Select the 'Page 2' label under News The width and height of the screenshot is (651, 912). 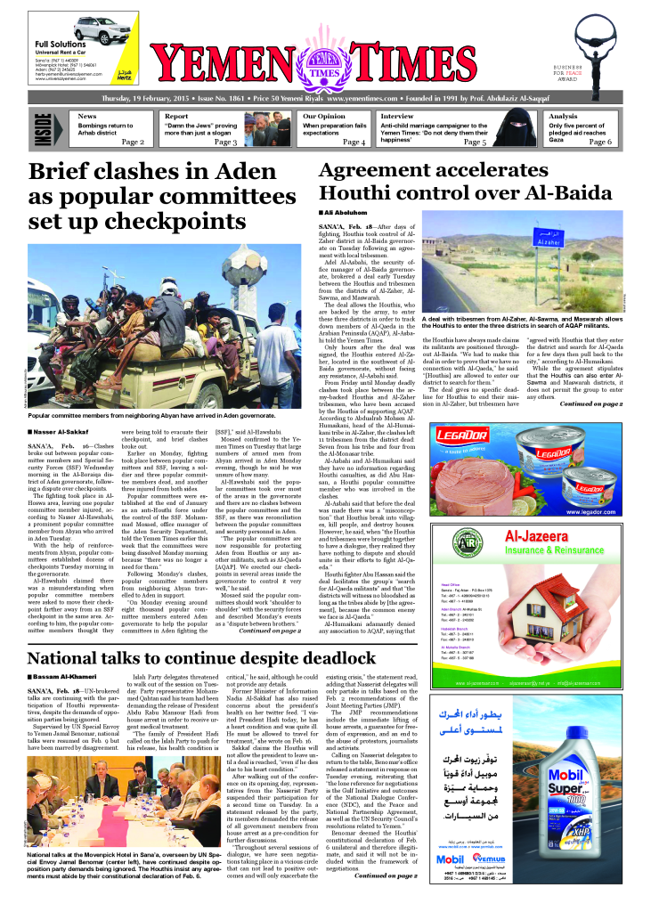click(133, 142)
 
